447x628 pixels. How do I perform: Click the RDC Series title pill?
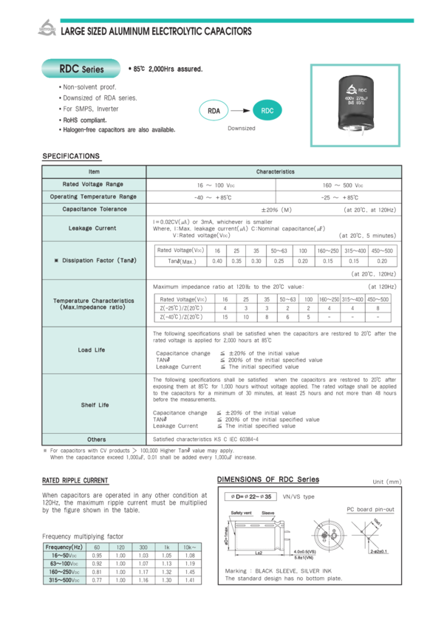point(82,70)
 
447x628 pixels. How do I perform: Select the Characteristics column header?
point(274,171)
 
